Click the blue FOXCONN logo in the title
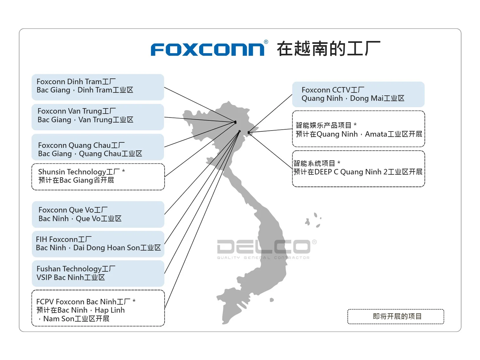pyautogui.click(x=207, y=50)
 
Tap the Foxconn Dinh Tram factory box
pyautogui.click(x=98, y=87)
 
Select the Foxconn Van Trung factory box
pyautogui.click(x=98, y=117)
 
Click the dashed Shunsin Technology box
pyautogui.click(x=98, y=177)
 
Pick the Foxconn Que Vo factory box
pyautogui.click(x=98, y=214)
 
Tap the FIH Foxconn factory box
pyautogui.click(x=98, y=244)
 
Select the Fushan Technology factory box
pyautogui.click(x=98, y=273)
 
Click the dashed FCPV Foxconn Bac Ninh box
pyautogui.click(x=98, y=308)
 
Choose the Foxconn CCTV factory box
pyautogui.click(x=358, y=94)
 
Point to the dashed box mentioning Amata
pyautogui.click(x=358, y=129)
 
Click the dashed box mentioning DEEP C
pyautogui.click(x=358, y=169)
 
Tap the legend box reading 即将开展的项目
pyautogui.click(x=396, y=316)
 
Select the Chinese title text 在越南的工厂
pyautogui.click(x=328, y=49)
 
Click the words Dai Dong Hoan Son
pyautogui.click(x=107, y=248)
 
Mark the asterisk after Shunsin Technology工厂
pyautogui.click(x=124, y=171)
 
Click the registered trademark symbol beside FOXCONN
pyautogui.click(x=266, y=42)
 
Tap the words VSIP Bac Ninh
pyautogui.click(x=60, y=277)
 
